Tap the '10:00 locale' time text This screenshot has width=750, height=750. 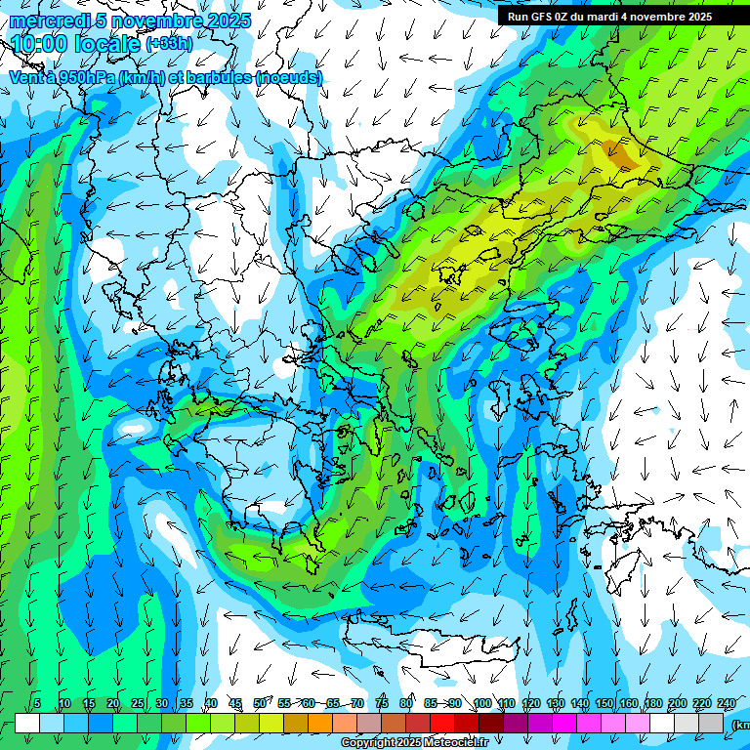76,45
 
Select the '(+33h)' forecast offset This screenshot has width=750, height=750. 168,44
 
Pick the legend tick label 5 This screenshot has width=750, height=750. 37,703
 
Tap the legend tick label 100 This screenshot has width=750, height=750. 481,703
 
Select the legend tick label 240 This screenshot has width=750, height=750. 727,703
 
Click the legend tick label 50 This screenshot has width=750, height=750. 260,703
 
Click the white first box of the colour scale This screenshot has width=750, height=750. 27,723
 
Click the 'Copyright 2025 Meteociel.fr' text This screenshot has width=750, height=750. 415,743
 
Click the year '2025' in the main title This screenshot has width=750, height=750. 224,21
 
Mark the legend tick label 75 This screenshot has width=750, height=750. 382,703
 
